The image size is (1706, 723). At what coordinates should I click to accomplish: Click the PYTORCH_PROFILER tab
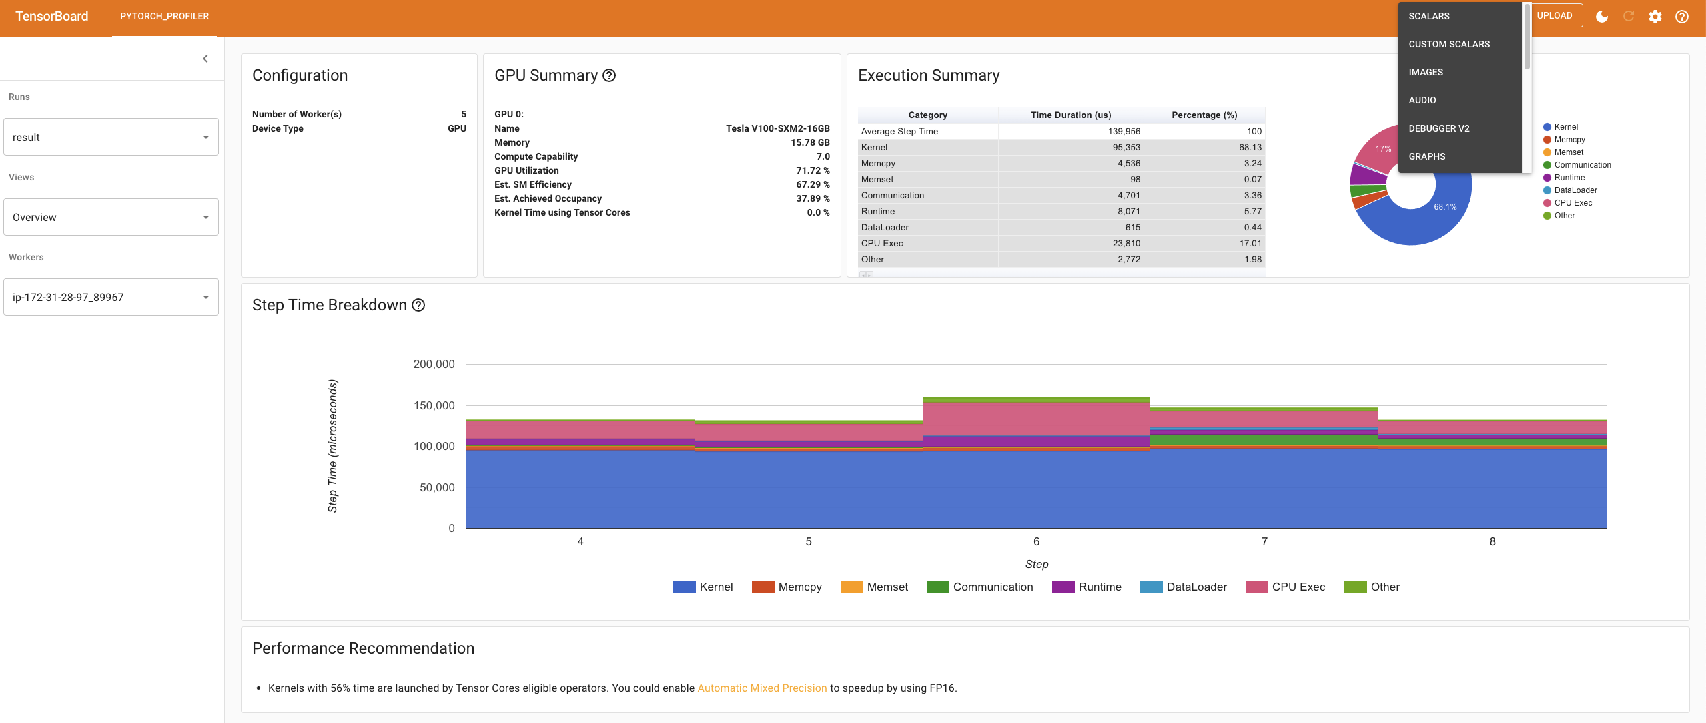(x=164, y=16)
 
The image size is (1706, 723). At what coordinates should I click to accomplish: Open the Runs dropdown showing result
(x=111, y=137)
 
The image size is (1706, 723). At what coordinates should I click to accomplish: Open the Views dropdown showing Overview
(x=111, y=217)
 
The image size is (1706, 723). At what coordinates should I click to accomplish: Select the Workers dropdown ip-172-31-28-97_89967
(x=111, y=297)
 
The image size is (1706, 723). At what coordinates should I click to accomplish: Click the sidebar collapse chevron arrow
(x=205, y=59)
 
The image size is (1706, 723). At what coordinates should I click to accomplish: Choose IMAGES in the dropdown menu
(x=1426, y=72)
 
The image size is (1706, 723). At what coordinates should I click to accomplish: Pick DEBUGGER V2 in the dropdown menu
(x=1439, y=128)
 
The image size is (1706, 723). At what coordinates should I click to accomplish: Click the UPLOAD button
(x=1555, y=15)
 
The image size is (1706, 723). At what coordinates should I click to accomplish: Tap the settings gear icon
(x=1655, y=17)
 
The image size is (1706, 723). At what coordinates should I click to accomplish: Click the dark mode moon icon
(x=1602, y=17)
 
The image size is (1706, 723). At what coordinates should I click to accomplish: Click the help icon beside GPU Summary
(x=609, y=75)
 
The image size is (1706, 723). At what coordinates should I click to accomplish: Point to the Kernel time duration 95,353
(x=1126, y=148)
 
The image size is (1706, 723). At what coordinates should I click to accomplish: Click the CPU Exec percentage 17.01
(x=1250, y=244)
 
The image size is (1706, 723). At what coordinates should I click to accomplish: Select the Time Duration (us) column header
(x=1070, y=115)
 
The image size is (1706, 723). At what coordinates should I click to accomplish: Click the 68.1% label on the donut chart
(x=1445, y=207)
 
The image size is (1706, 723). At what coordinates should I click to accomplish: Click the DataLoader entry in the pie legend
(x=1575, y=190)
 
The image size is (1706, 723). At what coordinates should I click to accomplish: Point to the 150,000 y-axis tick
(x=434, y=405)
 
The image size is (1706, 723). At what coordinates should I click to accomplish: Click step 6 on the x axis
(x=1036, y=541)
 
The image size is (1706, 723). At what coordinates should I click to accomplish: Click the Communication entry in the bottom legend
(x=992, y=587)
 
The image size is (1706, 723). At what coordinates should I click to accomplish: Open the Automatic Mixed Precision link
(x=762, y=688)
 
